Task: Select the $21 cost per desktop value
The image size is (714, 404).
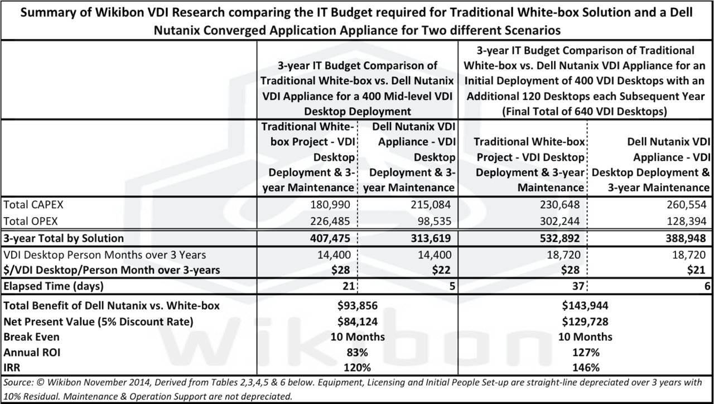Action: [701, 270]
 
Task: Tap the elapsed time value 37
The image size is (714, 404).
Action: [576, 287]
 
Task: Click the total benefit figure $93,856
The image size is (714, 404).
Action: [358, 306]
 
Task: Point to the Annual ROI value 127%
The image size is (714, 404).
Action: [584, 353]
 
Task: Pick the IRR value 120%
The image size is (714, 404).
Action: [358, 368]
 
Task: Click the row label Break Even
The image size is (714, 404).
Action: [31, 337]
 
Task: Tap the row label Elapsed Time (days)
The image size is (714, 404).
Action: [50, 287]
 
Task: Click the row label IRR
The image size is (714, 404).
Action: [12, 368]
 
